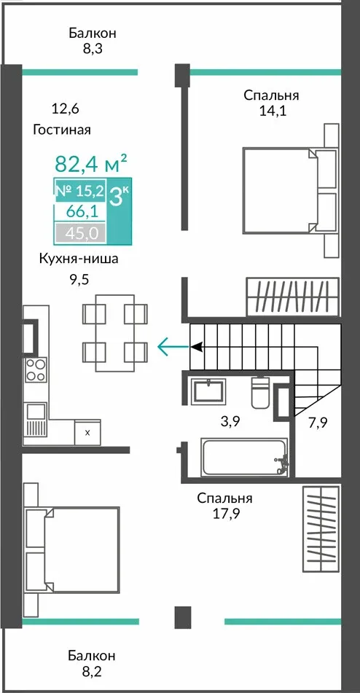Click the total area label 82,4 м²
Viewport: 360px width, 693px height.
click(x=91, y=163)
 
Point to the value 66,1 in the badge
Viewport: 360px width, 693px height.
click(x=79, y=211)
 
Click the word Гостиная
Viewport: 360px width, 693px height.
click(x=61, y=130)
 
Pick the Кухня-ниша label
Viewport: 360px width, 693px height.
click(x=79, y=259)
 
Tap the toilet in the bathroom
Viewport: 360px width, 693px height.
click(x=261, y=391)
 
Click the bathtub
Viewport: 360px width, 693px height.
click(x=244, y=457)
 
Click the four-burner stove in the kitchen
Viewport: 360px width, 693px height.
click(x=35, y=370)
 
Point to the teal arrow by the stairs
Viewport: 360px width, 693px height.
click(x=173, y=346)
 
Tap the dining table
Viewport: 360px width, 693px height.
click(x=115, y=333)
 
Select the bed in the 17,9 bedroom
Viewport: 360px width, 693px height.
click(x=72, y=550)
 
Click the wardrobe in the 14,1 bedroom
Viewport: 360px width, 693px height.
click(x=292, y=297)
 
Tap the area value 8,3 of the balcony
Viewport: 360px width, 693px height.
click(x=93, y=49)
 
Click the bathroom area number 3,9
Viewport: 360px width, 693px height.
click(x=230, y=422)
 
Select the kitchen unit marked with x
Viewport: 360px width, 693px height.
click(x=87, y=432)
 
